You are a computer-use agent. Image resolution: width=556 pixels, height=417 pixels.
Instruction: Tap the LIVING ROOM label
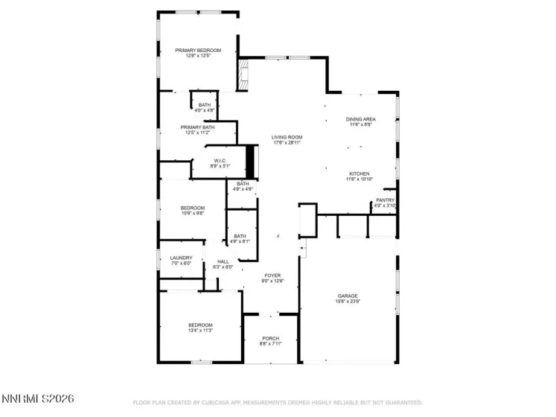click(287, 137)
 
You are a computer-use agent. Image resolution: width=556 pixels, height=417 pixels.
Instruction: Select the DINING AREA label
click(360, 119)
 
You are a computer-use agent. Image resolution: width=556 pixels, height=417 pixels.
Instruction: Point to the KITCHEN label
click(358, 174)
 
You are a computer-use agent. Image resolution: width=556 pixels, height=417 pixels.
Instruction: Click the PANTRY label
click(385, 200)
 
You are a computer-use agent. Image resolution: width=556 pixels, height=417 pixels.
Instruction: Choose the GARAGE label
click(348, 296)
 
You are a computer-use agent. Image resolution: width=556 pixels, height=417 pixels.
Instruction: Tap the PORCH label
click(270, 338)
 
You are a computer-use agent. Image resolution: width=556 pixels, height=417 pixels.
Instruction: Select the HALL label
click(223, 261)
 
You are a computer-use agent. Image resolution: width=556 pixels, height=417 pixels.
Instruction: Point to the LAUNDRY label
click(181, 258)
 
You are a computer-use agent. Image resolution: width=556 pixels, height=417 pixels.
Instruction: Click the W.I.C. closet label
click(220, 160)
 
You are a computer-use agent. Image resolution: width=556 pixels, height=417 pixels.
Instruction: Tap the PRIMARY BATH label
click(197, 127)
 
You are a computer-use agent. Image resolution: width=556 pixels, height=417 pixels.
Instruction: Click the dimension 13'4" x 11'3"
click(200, 331)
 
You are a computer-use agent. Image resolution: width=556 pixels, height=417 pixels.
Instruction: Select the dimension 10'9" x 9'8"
click(193, 214)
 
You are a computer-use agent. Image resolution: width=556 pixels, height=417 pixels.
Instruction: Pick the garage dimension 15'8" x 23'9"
click(348, 302)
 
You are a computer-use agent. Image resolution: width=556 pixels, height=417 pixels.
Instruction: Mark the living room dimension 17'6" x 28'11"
click(287, 143)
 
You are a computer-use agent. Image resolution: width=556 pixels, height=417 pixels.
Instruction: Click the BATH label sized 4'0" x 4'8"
click(205, 105)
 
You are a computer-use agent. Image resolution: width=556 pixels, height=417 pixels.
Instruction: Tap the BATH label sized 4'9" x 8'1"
click(240, 236)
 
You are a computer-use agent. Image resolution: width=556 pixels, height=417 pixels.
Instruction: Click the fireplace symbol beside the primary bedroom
click(243, 74)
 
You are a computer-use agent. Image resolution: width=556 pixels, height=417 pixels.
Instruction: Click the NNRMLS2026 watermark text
click(37, 400)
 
